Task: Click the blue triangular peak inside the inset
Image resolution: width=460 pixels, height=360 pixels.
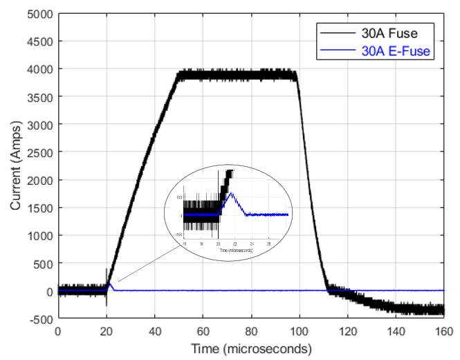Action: (x=232, y=194)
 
